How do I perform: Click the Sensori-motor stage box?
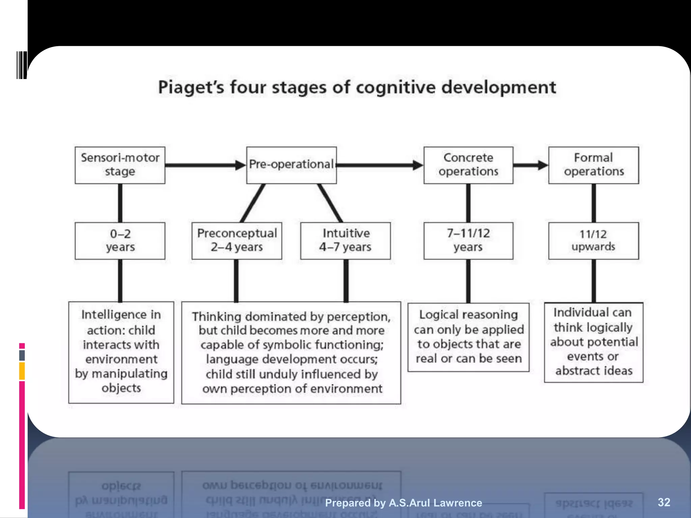point(120,165)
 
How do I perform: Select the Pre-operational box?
point(291,165)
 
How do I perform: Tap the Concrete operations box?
point(468,165)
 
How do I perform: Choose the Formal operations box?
point(593,165)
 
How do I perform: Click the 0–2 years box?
point(120,240)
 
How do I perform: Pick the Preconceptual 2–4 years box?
point(237,240)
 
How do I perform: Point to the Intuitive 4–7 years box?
point(345,240)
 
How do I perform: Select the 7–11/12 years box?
point(468,240)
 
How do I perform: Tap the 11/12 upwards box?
point(593,240)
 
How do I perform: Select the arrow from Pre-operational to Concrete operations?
point(380,165)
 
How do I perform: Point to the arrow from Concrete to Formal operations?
point(530,165)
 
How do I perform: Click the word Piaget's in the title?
point(191,87)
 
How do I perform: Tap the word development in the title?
point(498,87)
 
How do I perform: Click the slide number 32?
point(664,502)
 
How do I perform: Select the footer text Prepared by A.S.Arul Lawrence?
point(403,503)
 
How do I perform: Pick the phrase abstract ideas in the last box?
point(594,371)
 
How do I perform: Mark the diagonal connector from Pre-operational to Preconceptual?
point(252,203)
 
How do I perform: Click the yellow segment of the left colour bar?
point(22,371)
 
